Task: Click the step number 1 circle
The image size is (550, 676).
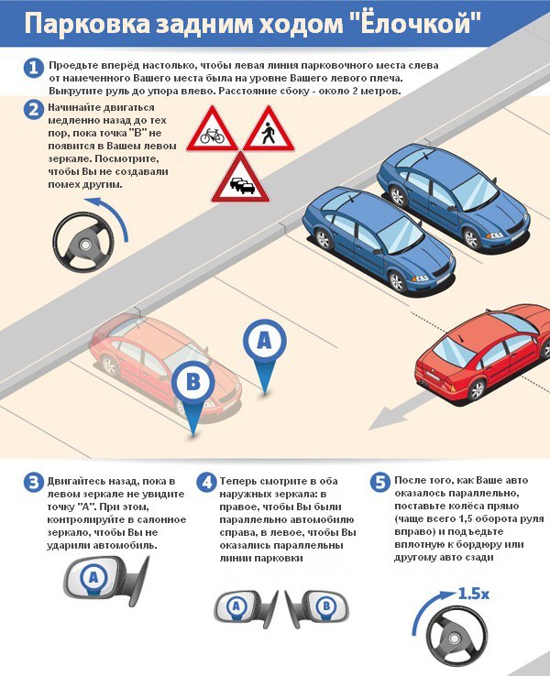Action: (x=34, y=68)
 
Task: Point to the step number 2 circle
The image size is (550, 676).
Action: (x=34, y=110)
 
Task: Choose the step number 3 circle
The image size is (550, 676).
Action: (x=34, y=483)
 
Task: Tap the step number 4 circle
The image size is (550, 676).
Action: (x=207, y=483)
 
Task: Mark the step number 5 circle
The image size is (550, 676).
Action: (x=380, y=483)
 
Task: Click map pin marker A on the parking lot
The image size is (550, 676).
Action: (x=264, y=355)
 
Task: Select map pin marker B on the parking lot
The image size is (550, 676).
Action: (x=192, y=397)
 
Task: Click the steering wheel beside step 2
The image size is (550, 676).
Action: (x=83, y=242)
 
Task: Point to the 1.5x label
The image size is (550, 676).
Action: (x=473, y=594)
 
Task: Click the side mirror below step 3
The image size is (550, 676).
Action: (x=106, y=579)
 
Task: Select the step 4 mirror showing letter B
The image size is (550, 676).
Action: (x=316, y=609)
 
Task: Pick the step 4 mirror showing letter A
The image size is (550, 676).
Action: (x=247, y=609)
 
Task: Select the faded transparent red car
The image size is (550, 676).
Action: (x=164, y=365)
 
